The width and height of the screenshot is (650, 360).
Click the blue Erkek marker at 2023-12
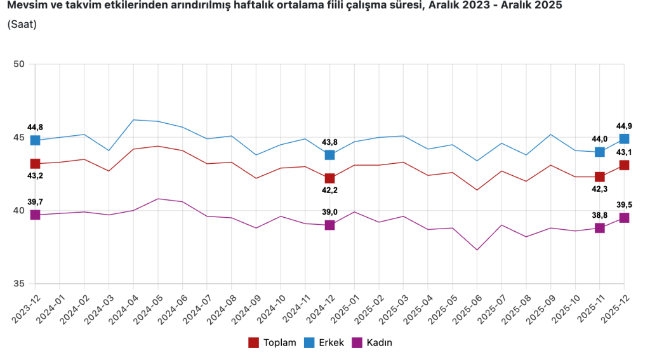tap(35, 140)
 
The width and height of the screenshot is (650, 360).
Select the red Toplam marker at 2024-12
tap(329, 178)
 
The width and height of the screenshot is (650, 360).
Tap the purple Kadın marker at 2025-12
tap(624, 218)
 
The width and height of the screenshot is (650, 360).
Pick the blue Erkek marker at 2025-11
tap(599, 152)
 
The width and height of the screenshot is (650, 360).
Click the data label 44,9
tap(624, 126)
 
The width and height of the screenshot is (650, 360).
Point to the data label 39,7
tap(35, 202)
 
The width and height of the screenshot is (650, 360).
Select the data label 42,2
tap(329, 189)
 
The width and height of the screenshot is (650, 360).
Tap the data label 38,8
tap(599, 216)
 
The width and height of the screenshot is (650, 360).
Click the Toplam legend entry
tap(272, 343)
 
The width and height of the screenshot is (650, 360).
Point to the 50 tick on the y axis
tap(18, 64)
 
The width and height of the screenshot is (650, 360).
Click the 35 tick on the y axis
tap(18, 284)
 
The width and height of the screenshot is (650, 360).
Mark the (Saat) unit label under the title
tap(22, 25)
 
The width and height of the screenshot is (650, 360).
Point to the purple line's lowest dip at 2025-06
tap(477, 250)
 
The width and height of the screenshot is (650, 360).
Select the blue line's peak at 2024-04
tap(133, 119)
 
